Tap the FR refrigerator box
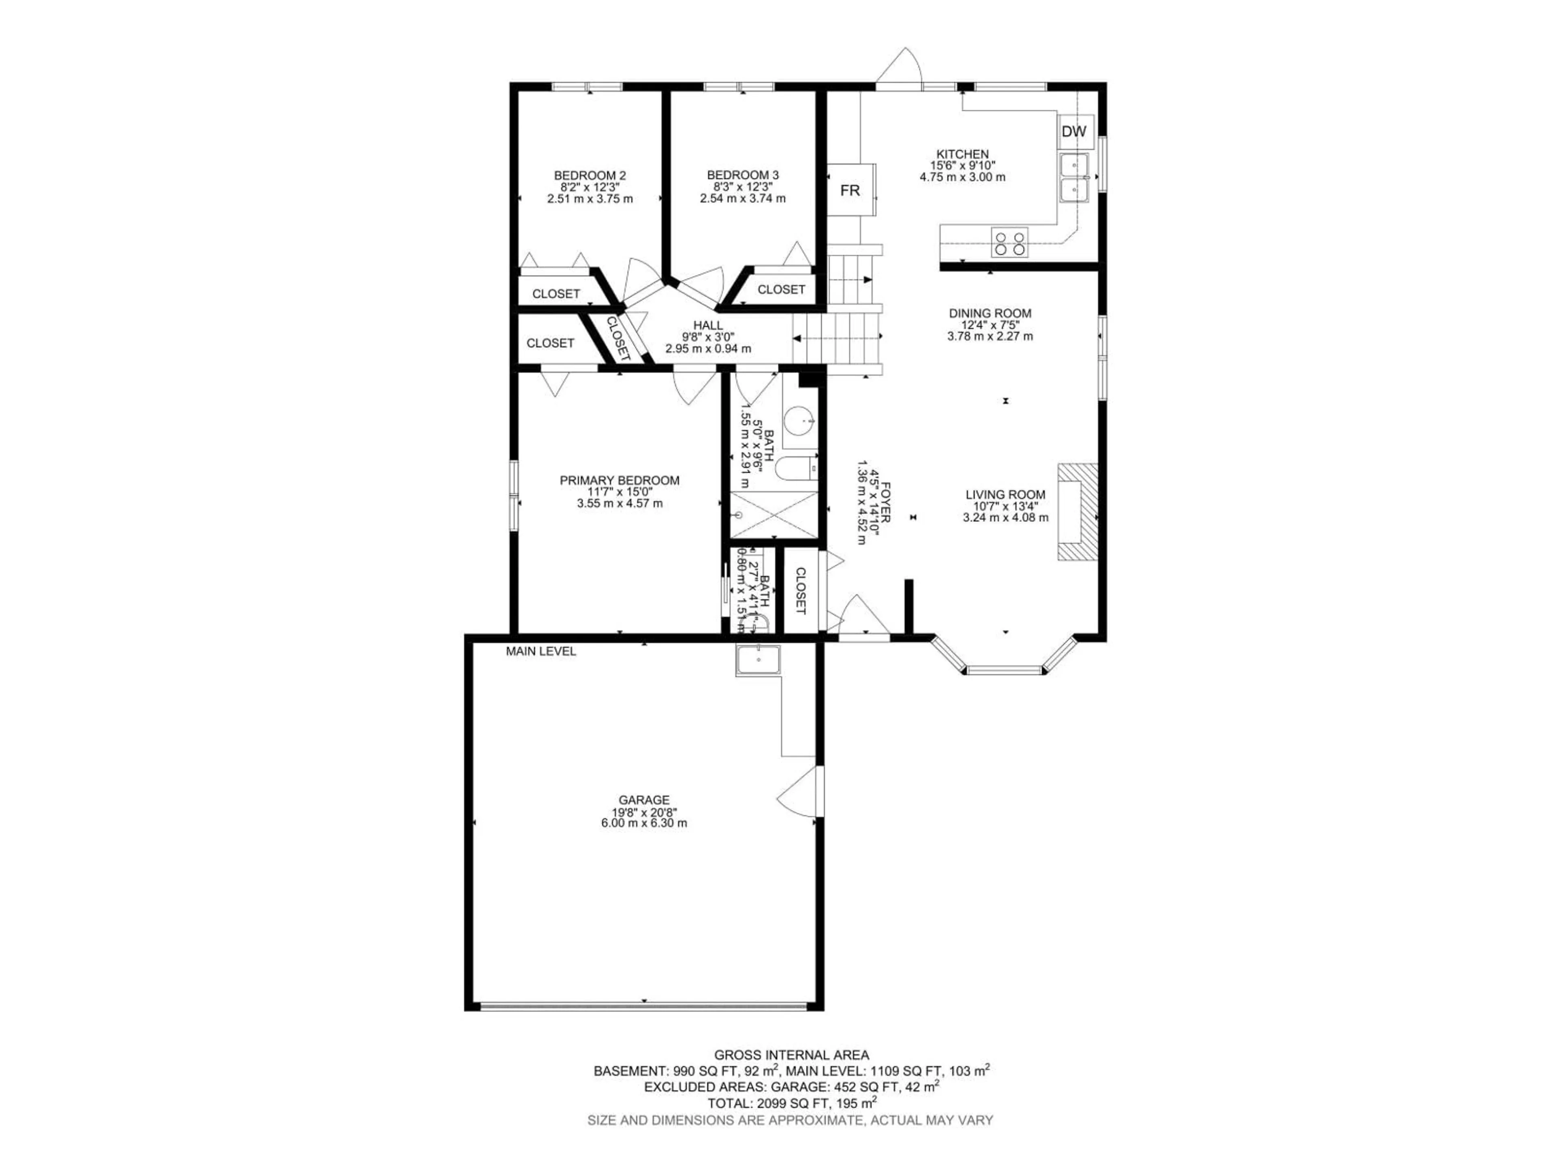[850, 190]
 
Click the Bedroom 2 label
[590, 175]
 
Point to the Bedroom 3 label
[743, 175]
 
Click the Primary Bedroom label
[619, 481]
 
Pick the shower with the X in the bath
[774, 515]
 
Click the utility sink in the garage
[758, 660]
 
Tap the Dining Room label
[990, 313]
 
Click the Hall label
[707, 325]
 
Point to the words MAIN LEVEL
[541, 652]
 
